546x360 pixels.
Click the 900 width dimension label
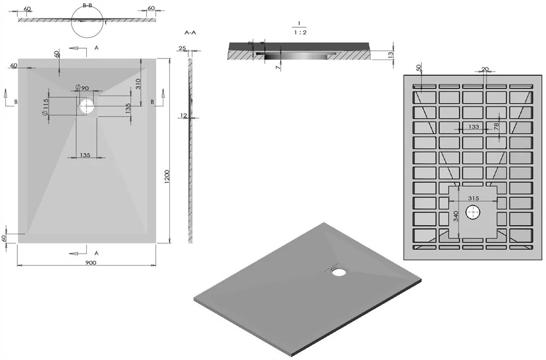coord(91,262)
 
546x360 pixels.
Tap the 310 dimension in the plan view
coord(138,84)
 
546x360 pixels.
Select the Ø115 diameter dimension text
coord(45,107)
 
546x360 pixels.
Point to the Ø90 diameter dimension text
coord(82,88)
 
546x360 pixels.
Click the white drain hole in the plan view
coord(86,107)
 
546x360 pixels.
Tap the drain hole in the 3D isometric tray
coord(338,272)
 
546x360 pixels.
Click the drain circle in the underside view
coord(472,213)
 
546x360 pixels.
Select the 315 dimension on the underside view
coord(473,198)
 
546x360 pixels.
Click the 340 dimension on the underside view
coord(456,216)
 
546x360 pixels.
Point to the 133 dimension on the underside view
coord(473,127)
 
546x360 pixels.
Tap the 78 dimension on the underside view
coord(496,126)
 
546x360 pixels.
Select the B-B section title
coord(87,5)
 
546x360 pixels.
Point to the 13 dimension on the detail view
coord(390,55)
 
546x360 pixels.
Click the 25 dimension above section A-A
coord(182,48)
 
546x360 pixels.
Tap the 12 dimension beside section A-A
coord(184,115)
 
